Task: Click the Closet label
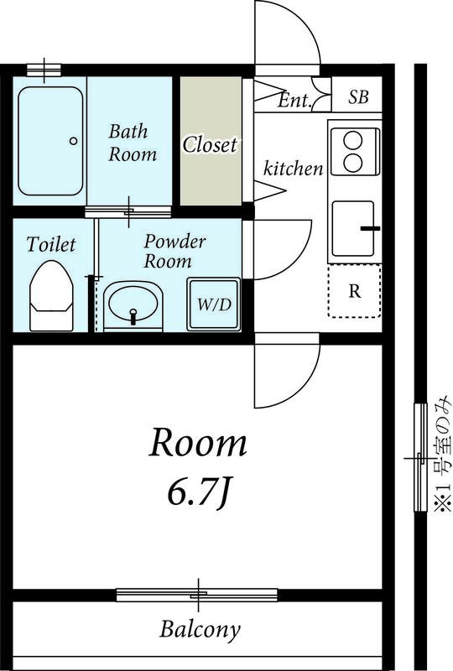coord(211,144)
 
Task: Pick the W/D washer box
coord(214,304)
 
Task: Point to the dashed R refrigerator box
coord(355,291)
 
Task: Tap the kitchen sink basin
coord(352,228)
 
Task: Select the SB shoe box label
coord(358,97)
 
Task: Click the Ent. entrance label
coord(295,101)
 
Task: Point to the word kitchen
coord(294,169)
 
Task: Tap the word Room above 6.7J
coord(198,444)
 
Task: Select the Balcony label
coord(200,628)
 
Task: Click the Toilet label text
coord(51,244)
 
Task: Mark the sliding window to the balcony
coord(197,595)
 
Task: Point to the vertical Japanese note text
coord(441,457)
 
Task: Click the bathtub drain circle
coord(74,141)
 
